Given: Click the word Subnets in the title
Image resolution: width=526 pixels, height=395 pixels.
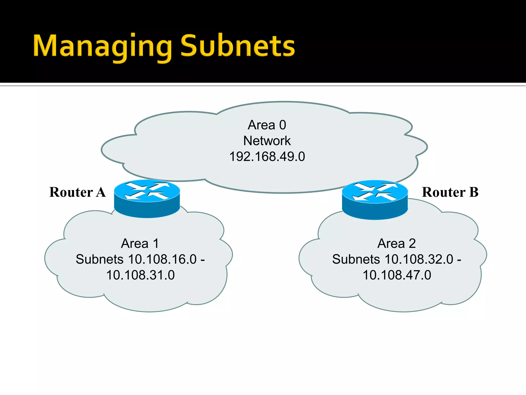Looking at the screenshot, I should click(x=238, y=46).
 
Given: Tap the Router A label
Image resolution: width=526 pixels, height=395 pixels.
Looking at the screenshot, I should click(x=77, y=192).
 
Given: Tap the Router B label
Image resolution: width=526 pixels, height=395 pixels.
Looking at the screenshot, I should click(x=450, y=192).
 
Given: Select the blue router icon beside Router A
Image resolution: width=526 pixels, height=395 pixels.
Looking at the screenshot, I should click(x=147, y=199).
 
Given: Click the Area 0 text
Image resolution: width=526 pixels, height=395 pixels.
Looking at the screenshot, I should click(x=267, y=125).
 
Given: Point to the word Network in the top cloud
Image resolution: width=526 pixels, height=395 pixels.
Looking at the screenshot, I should click(x=267, y=141).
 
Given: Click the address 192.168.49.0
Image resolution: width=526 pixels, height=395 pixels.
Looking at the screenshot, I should click(x=267, y=157).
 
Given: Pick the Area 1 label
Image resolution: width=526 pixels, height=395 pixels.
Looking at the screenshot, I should click(x=140, y=243).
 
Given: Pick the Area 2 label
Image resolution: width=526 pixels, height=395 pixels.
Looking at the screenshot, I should click(x=397, y=243).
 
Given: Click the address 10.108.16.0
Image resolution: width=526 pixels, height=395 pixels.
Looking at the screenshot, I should click(x=162, y=259).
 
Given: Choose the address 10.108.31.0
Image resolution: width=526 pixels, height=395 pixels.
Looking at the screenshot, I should click(x=140, y=275).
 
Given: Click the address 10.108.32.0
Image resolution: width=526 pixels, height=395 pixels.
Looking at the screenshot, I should click(x=419, y=259).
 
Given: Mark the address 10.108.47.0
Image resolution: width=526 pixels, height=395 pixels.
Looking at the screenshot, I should click(x=397, y=275).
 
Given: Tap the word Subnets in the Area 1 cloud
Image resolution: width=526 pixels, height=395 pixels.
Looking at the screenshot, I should click(x=100, y=259).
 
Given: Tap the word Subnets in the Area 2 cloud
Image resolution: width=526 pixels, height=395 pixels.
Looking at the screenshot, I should click(x=356, y=259).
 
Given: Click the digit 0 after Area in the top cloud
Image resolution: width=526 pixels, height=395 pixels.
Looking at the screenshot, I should click(x=283, y=125).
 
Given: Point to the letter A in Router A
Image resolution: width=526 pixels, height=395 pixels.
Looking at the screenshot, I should click(x=101, y=192).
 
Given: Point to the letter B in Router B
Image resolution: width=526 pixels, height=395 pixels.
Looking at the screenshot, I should click(x=474, y=192).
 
